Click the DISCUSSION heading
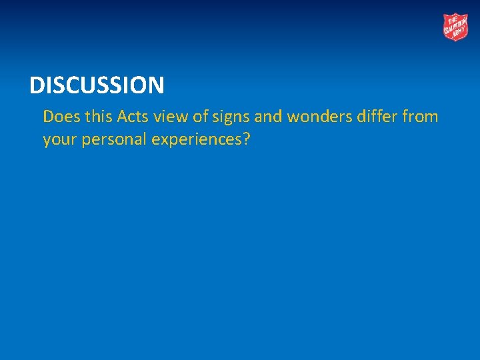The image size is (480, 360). (x=97, y=85)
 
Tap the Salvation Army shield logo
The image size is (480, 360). (x=456, y=27)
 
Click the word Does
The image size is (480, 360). (x=59, y=117)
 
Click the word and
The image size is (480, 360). (x=269, y=117)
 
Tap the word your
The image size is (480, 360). (x=58, y=141)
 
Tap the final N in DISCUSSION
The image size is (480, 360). (x=156, y=85)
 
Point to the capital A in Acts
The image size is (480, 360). (x=121, y=117)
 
